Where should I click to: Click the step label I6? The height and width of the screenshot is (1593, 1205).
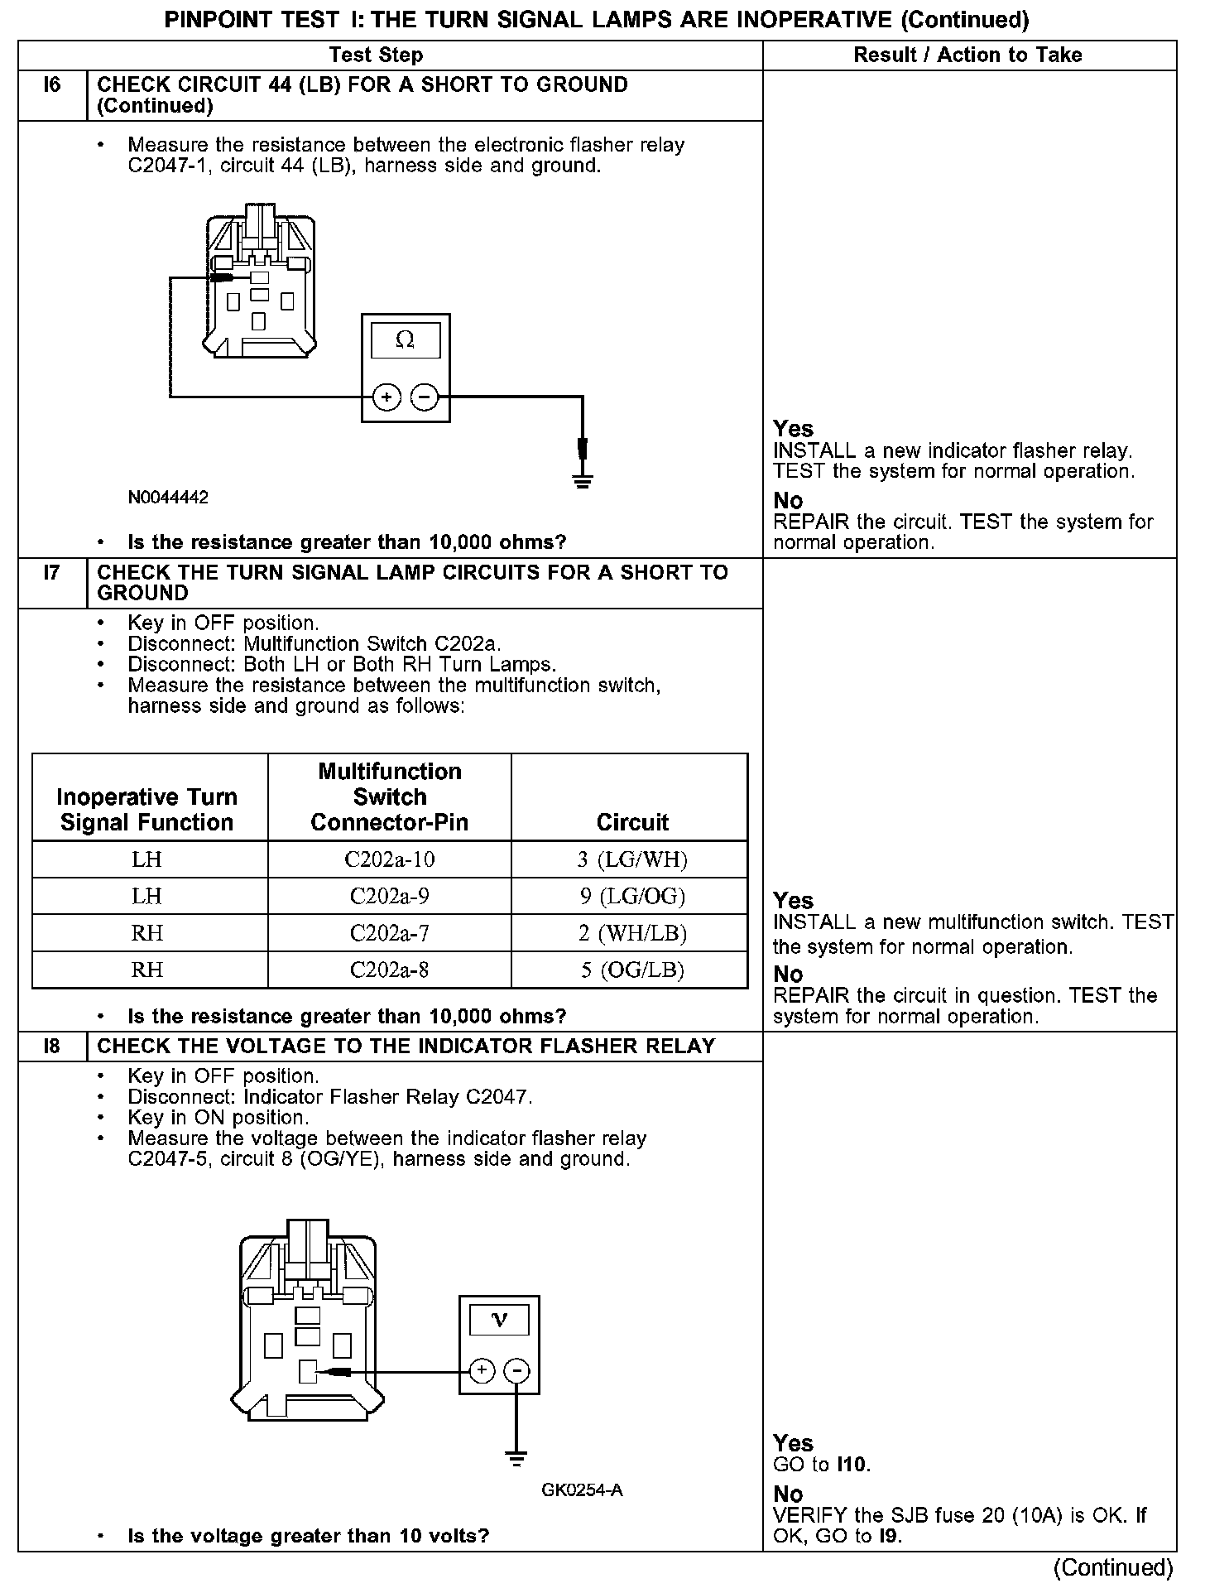click(52, 84)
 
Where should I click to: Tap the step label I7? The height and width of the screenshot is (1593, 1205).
click(52, 572)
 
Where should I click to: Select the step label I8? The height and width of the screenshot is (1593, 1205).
click(52, 1046)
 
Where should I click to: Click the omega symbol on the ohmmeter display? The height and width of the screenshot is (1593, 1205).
click(405, 339)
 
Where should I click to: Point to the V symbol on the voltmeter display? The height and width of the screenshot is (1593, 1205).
click(499, 1319)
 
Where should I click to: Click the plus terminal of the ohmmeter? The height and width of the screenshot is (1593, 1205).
click(386, 397)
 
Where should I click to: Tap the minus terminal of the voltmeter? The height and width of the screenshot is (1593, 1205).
click(517, 1371)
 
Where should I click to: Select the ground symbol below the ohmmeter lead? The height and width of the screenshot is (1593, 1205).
click(583, 481)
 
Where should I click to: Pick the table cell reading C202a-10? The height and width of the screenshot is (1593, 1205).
click(389, 859)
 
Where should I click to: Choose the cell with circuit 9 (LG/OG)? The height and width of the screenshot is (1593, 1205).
click(632, 896)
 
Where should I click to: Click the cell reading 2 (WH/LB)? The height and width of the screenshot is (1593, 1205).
click(632, 933)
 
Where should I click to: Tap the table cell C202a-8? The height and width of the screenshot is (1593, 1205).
click(389, 970)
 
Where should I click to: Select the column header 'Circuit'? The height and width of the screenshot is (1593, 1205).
click(632, 822)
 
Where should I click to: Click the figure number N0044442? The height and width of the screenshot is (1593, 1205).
click(168, 498)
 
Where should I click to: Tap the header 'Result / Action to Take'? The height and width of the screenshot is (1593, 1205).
click(967, 55)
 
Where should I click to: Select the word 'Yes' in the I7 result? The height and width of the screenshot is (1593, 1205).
click(793, 900)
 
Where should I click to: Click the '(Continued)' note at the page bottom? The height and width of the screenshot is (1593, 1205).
click(1112, 1567)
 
